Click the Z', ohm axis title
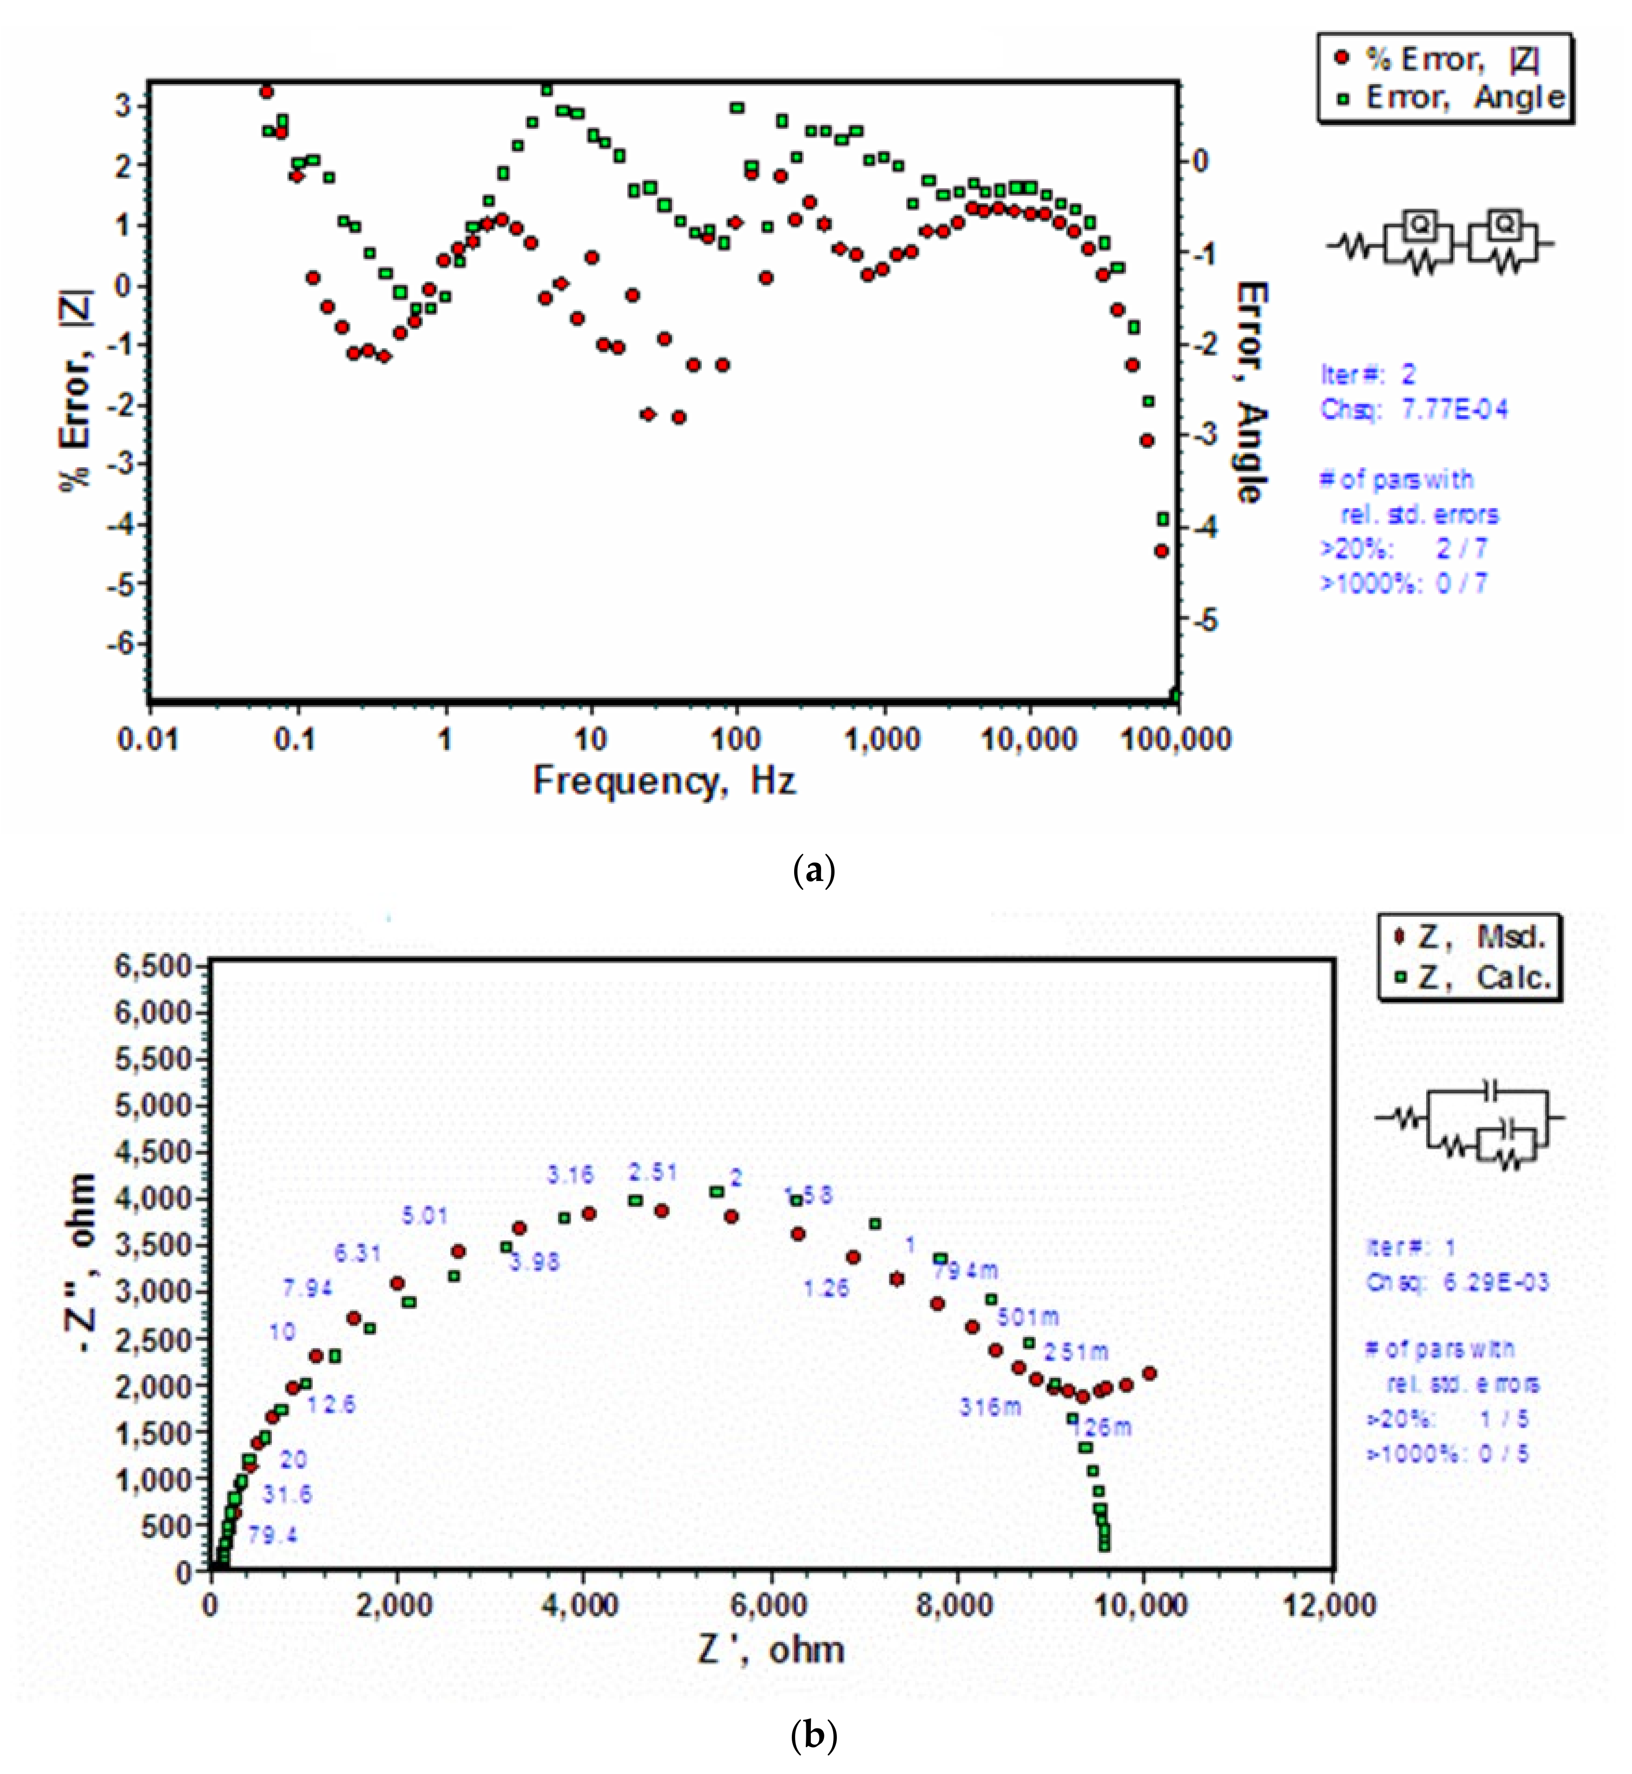tap(771, 1649)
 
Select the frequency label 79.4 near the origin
tap(272, 1535)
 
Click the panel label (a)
tap(813, 870)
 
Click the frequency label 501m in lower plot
tap(1028, 1317)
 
